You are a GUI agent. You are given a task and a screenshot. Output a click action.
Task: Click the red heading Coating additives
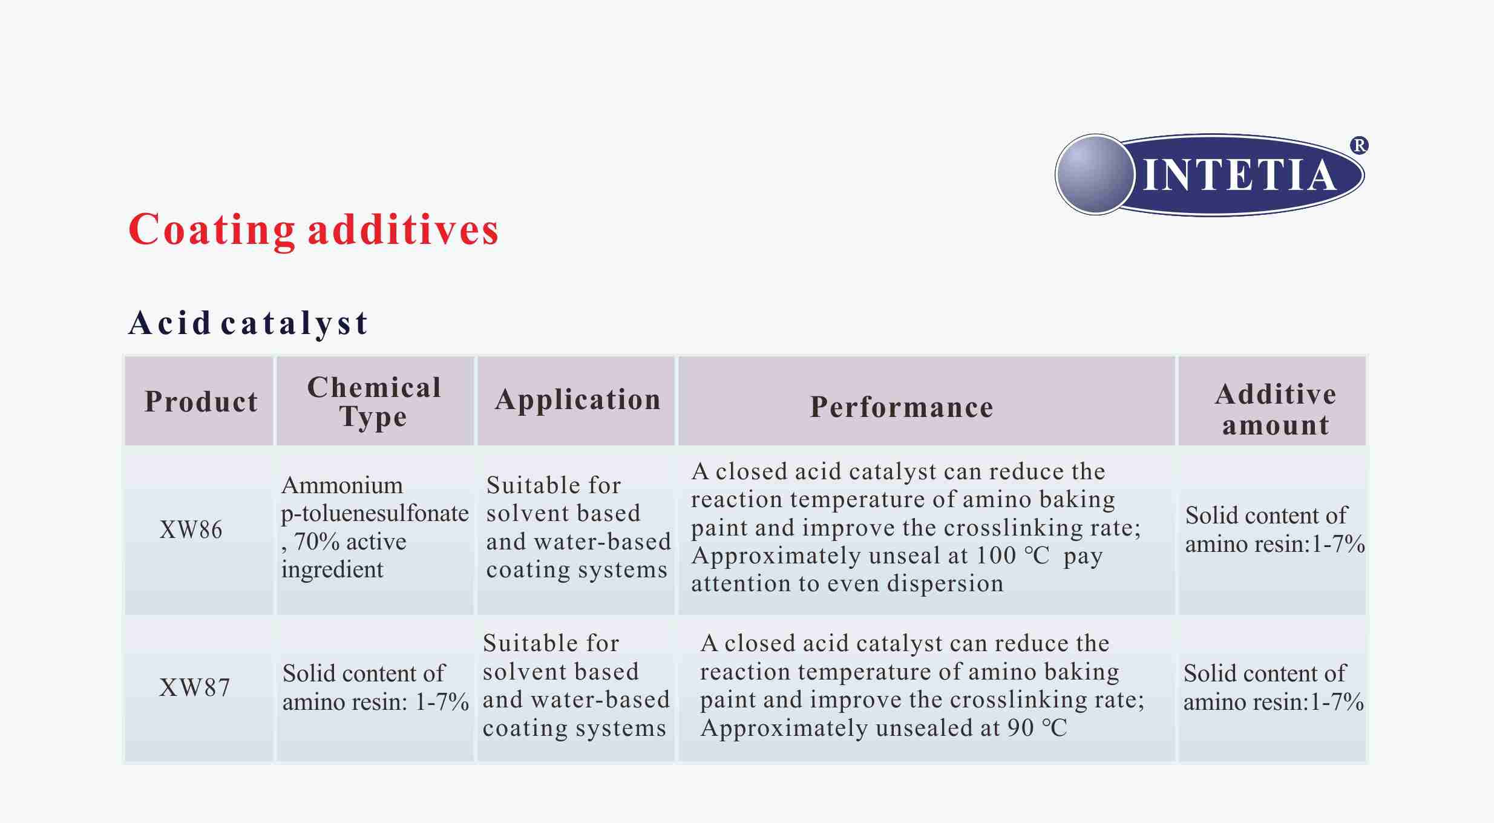tap(313, 230)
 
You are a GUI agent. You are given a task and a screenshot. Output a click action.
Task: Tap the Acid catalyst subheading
tap(248, 323)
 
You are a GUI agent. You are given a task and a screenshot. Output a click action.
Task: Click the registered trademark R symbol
tap(1359, 146)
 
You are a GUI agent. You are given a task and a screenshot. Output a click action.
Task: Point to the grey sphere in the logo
tap(1095, 174)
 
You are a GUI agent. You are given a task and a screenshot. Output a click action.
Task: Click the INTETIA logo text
tap(1239, 175)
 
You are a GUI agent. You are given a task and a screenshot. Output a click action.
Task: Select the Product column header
tap(201, 402)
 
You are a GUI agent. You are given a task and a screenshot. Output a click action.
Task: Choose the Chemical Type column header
tap(375, 402)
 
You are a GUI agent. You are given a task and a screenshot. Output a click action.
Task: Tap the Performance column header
tap(902, 407)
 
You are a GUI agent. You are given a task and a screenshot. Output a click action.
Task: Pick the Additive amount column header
tap(1276, 410)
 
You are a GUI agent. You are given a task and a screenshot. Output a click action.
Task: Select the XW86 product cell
tap(191, 530)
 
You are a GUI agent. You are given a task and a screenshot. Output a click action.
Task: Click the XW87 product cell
tap(194, 687)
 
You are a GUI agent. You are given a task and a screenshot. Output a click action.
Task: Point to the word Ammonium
tap(342, 485)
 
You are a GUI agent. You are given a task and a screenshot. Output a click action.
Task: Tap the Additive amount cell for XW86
tap(1275, 530)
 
